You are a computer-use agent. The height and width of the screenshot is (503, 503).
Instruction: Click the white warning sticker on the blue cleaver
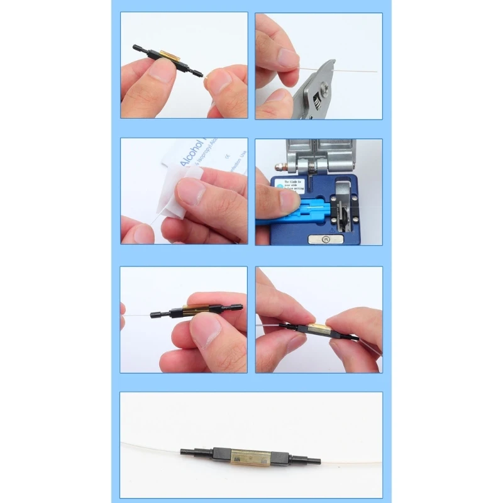294,184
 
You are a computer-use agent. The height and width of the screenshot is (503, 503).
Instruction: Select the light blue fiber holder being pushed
308,210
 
